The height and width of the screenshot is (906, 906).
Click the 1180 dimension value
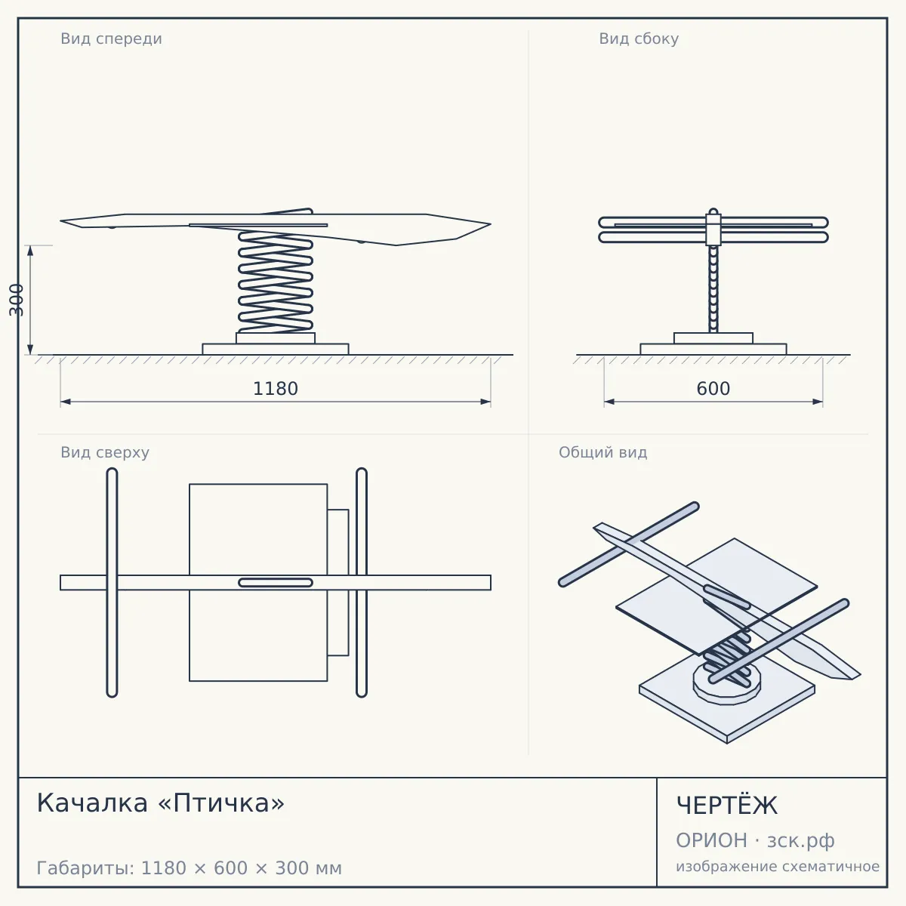pyautogui.click(x=276, y=389)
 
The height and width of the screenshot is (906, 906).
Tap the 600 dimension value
pyautogui.click(x=713, y=389)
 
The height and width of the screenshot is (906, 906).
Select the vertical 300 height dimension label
pyautogui.click(x=16, y=300)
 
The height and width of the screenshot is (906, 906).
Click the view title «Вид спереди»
pyautogui.click(x=112, y=39)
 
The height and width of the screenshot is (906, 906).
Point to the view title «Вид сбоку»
pyautogui.click(x=639, y=39)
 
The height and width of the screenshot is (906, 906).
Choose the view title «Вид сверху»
pyautogui.click(x=105, y=452)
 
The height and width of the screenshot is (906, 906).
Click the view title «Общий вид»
pyautogui.click(x=602, y=452)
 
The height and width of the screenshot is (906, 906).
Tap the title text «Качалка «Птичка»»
pyautogui.click(x=161, y=803)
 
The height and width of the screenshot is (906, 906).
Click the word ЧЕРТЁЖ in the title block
pyautogui.click(x=727, y=805)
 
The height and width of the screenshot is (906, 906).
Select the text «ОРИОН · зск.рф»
pyautogui.click(x=755, y=840)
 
